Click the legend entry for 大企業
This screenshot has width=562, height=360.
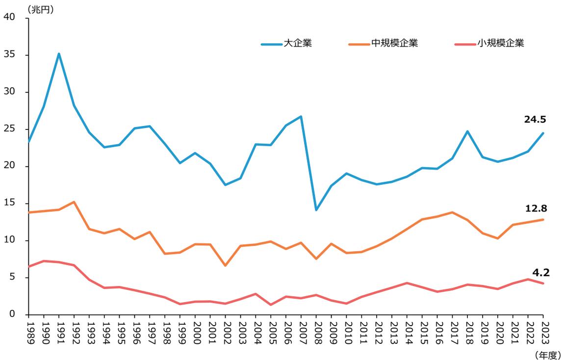click(x=286, y=43)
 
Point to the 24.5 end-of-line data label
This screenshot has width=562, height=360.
click(x=536, y=119)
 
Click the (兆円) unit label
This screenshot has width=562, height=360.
click(x=42, y=9)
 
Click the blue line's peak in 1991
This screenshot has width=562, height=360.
click(x=59, y=53)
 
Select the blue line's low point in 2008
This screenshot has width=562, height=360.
click(x=316, y=210)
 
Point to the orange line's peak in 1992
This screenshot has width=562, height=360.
click(x=74, y=202)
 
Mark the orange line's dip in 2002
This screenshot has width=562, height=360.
click(x=226, y=266)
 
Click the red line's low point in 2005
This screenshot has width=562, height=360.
click(x=271, y=305)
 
